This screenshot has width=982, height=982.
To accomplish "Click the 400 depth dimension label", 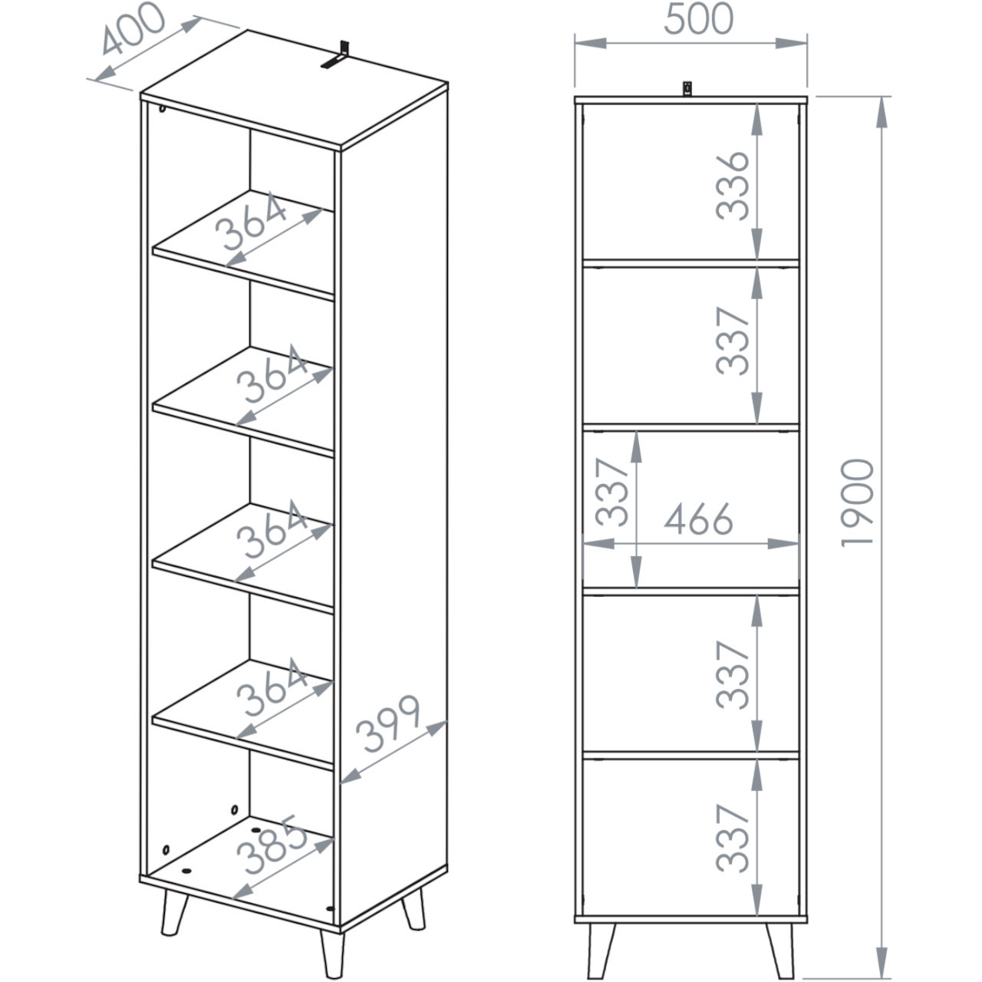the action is pyautogui.click(x=133, y=28).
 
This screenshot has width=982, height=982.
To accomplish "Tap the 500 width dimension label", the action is pyautogui.click(x=698, y=19).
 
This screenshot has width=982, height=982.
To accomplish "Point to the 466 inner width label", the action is pyautogui.click(x=698, y=519).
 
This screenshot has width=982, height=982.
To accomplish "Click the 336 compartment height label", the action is pyautogui.click(x=732, y=186).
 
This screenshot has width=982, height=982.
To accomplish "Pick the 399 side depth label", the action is pyautogui.click(x=388, y=723).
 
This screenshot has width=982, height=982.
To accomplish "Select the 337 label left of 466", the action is pyautogui.click(x=611, y=492).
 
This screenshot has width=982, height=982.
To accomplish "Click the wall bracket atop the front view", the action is pyautogui.click(x=687, y=89).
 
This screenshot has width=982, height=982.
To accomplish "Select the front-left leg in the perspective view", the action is pyautogui.click(x=174, y=913).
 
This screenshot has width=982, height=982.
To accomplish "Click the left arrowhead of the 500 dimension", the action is pyautogui.click(x=591, y=43).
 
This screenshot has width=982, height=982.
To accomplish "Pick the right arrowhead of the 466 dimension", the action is pyautogui.click(x=783, y=544).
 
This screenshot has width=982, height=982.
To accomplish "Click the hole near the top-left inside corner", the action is pyautogui.click(x=162, y=108).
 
